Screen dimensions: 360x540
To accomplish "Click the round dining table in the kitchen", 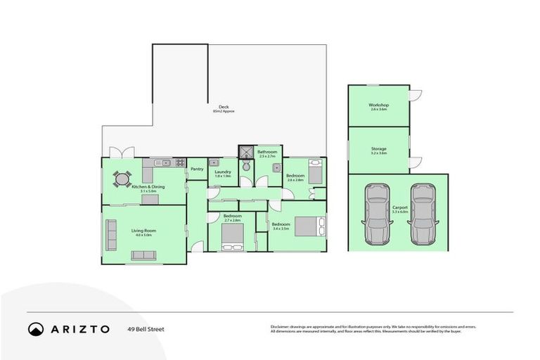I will (x=122, y=179).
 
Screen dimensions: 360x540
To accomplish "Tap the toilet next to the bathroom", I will (x=245, y=167).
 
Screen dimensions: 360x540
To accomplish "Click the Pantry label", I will (x=197, y=169).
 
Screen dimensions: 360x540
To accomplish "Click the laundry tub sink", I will (x=214, y=163).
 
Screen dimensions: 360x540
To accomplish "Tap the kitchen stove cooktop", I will (x=180, y=163).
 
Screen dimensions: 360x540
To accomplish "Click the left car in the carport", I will (x=377, y=213).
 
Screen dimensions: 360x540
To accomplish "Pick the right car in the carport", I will (x=424, y=213).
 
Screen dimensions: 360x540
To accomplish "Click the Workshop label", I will (x=378, y=105).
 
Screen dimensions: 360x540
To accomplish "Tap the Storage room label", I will (x=378, y=148).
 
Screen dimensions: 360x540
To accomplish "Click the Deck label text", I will (x=223, y=107).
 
